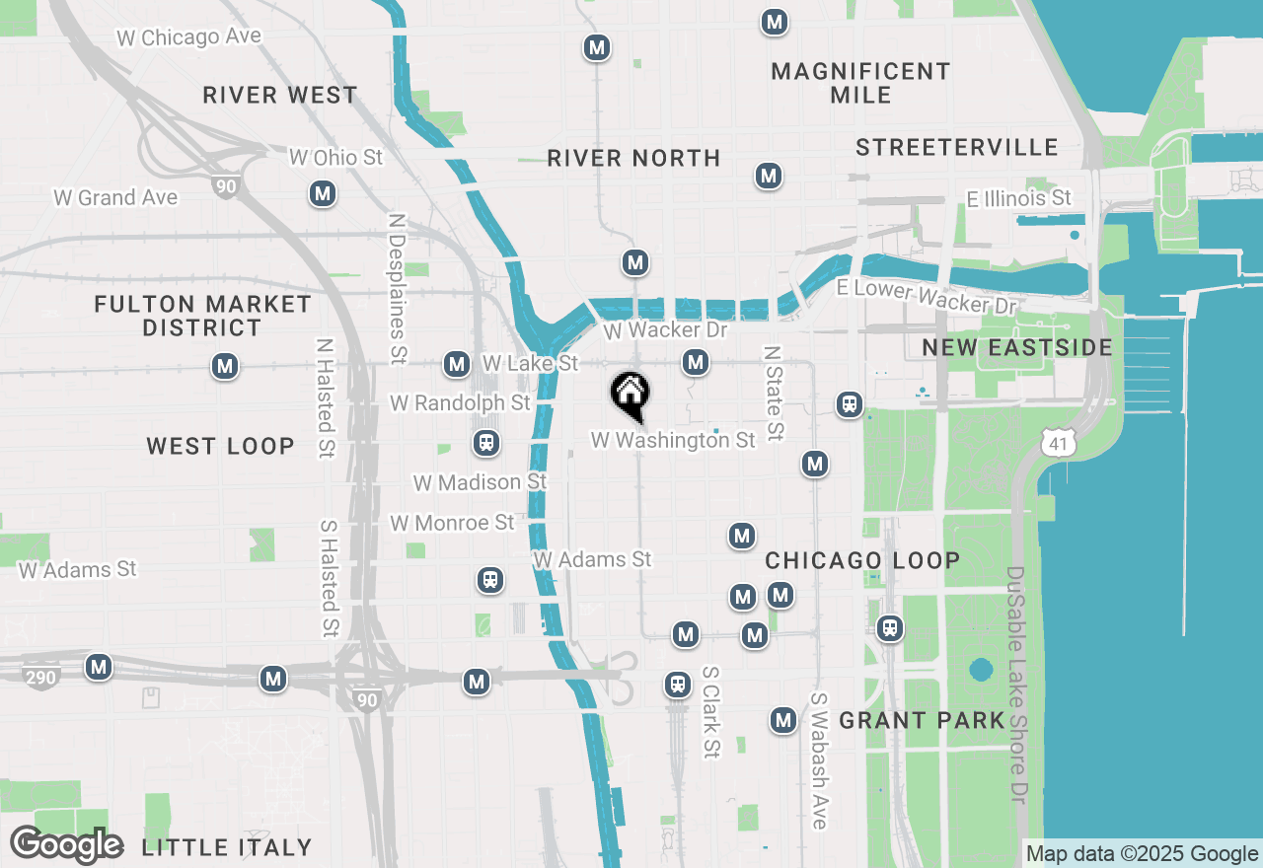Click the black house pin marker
[630, 396]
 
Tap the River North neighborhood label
[633, 158]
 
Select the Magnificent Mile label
[860, 83]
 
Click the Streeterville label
[956, 148]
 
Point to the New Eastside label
[1017, 347]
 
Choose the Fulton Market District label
[202, 316]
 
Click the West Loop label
[220, 446]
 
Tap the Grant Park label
[922, 721]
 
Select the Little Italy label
[227, 847]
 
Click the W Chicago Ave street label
[189, 37]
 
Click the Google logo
[66, 845]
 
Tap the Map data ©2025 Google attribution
[1142, 854]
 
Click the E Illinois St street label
[1018, 198]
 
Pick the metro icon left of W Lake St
[456, 364]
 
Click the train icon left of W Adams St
[490, 579]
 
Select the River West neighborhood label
[280, 96]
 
